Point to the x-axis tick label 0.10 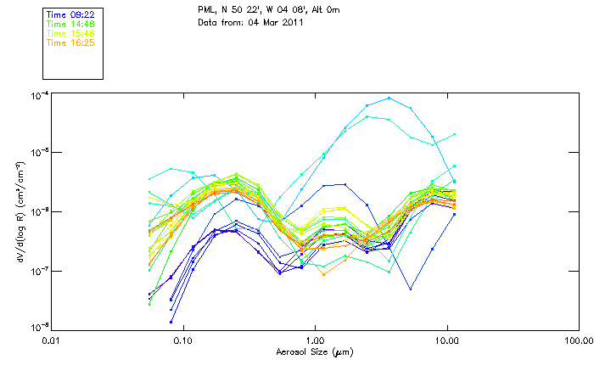click(183, 340)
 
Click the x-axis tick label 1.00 click(315, 340)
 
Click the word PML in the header click(205, 9)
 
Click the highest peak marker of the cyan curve click(389, 98)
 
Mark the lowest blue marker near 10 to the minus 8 click(171, 322)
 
